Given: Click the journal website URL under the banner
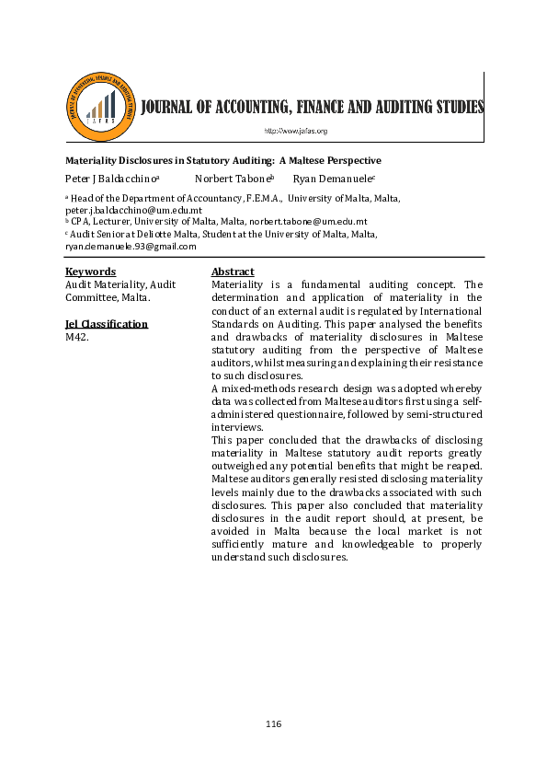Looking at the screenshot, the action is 295,132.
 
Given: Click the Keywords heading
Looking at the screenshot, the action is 90,272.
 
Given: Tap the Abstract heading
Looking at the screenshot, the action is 233,272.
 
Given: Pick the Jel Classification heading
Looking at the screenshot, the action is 106,324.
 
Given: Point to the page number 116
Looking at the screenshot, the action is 273,724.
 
